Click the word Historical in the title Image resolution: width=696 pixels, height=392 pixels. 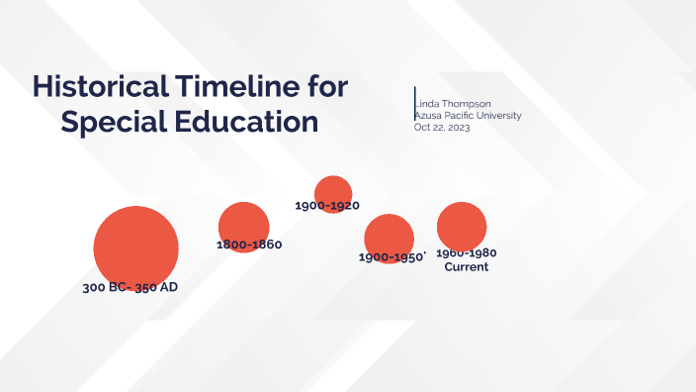99,87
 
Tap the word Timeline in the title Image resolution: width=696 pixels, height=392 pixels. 241,87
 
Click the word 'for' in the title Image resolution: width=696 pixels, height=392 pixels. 324,87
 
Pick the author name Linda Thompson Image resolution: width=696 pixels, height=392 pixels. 452,104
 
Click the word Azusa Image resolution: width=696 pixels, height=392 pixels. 430,116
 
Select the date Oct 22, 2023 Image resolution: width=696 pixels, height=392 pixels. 442,128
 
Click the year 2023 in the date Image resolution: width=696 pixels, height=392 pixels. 457,128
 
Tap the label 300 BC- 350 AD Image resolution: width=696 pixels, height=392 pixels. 130,288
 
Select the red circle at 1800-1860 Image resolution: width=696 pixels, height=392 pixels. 243,226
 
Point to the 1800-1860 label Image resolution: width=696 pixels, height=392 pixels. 249,245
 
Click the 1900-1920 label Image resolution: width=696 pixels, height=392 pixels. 327,206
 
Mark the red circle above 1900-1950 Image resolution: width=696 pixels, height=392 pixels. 389,237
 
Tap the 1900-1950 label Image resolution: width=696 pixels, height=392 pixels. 391,257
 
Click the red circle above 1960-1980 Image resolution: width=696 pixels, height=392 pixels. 461,226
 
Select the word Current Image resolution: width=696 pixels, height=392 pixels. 467,267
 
